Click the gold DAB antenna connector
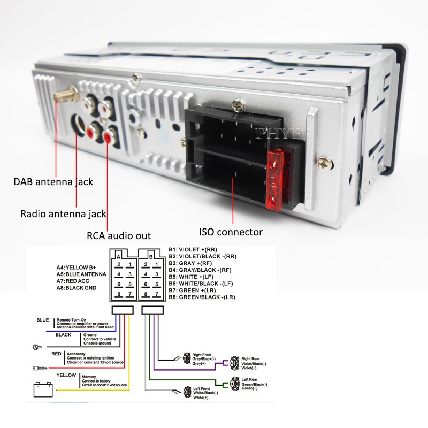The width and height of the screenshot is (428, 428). pyautogui.click(x=65, y=97)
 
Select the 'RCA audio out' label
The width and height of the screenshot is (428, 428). pyautogui.click(x=119, y=235)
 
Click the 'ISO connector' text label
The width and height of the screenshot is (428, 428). pyautogui.click(x=231, y=232)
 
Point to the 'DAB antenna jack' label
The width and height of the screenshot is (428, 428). pyautogui.click(x=53, y=182)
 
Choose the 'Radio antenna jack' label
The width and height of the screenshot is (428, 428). pyautogui.click(x=64, y=214)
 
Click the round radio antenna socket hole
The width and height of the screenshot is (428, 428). pyautogui.click(x=81, y=125)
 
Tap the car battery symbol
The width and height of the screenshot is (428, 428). pyautogui.click(x=43, y=389)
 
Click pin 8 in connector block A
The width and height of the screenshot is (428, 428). pyautogui.click(x=119, y=294)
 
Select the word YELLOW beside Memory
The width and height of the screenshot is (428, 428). pyautogui.click(x=66, y=375)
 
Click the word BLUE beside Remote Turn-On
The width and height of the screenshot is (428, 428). pyautogui.click(x=43, y=320)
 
